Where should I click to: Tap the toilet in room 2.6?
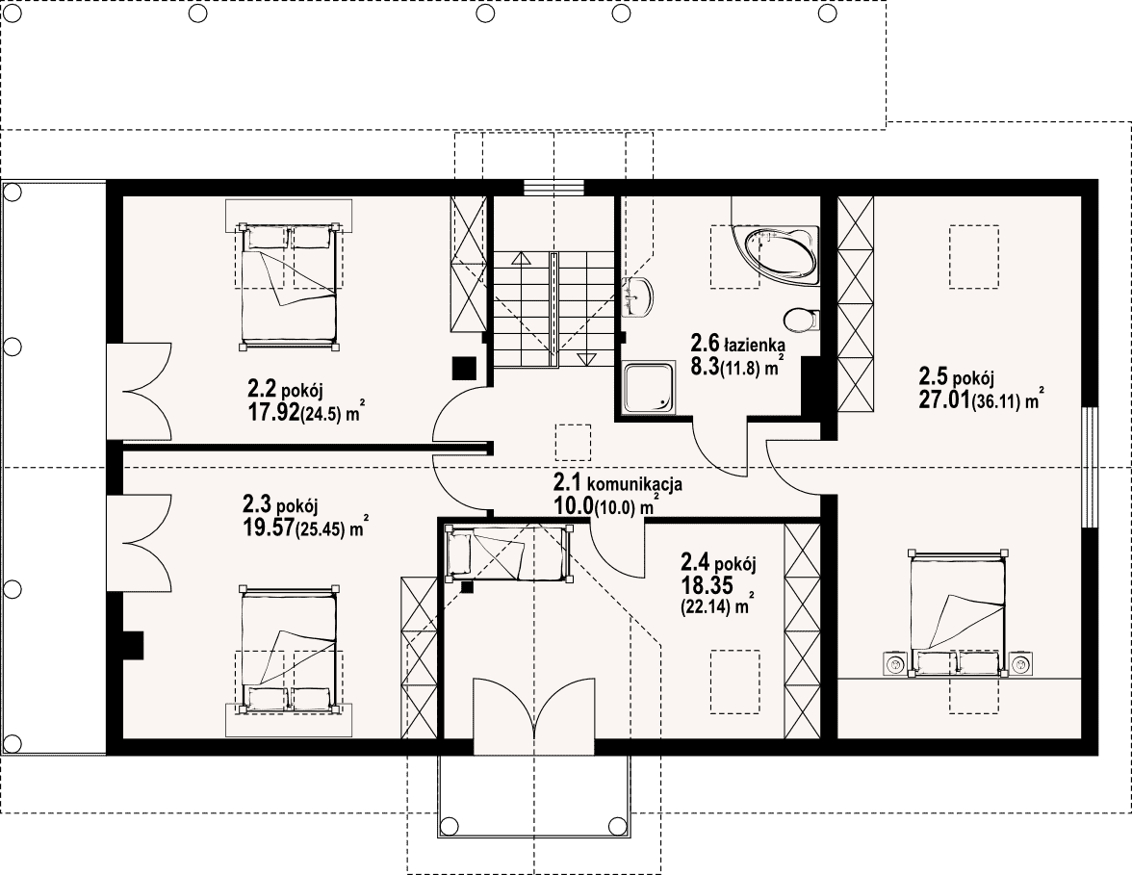[801, 320]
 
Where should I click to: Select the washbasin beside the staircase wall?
[637, 296]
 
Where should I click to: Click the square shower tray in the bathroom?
[649, 389]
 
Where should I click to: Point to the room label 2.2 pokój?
[285, 390]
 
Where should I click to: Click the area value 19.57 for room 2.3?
[269, 528]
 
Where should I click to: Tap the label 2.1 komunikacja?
[617, 483]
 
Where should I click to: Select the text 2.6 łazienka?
[737, 343]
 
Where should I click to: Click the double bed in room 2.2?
[289, 286]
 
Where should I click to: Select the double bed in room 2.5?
[958, 614]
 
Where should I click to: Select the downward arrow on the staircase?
[585, 358]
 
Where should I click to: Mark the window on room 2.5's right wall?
[1090, 467]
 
